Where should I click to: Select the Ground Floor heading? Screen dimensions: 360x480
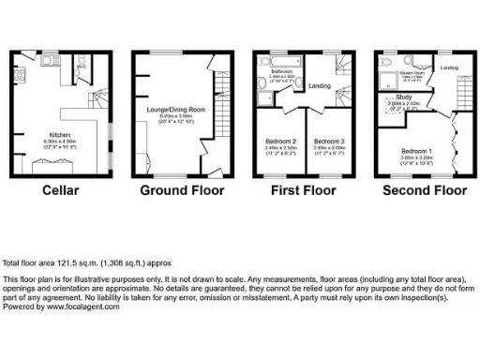(182, 190)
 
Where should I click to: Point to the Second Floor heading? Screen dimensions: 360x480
(424, 190)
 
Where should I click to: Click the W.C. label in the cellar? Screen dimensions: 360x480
(82, 67)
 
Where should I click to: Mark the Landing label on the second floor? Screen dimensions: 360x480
(449, 67)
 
